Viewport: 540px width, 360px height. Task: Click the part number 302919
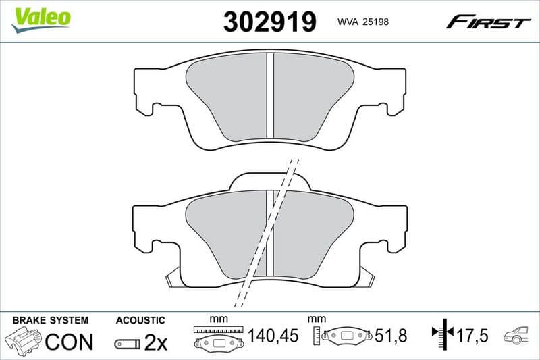(x=269, y=22)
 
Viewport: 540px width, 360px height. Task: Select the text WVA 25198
(x=362, y=22)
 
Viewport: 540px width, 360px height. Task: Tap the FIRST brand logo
(x=488, y=22)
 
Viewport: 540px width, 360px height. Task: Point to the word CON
(x=69, y=342)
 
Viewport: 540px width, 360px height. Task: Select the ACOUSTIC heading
(x=140, y=319)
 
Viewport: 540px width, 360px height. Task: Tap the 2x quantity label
(x=155, y=342)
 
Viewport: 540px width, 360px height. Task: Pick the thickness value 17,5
(x=472, y=334)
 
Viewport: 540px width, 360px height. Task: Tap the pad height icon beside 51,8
(x=342, y=336)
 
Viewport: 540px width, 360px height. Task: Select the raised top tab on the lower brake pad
(x=270, y=178)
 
